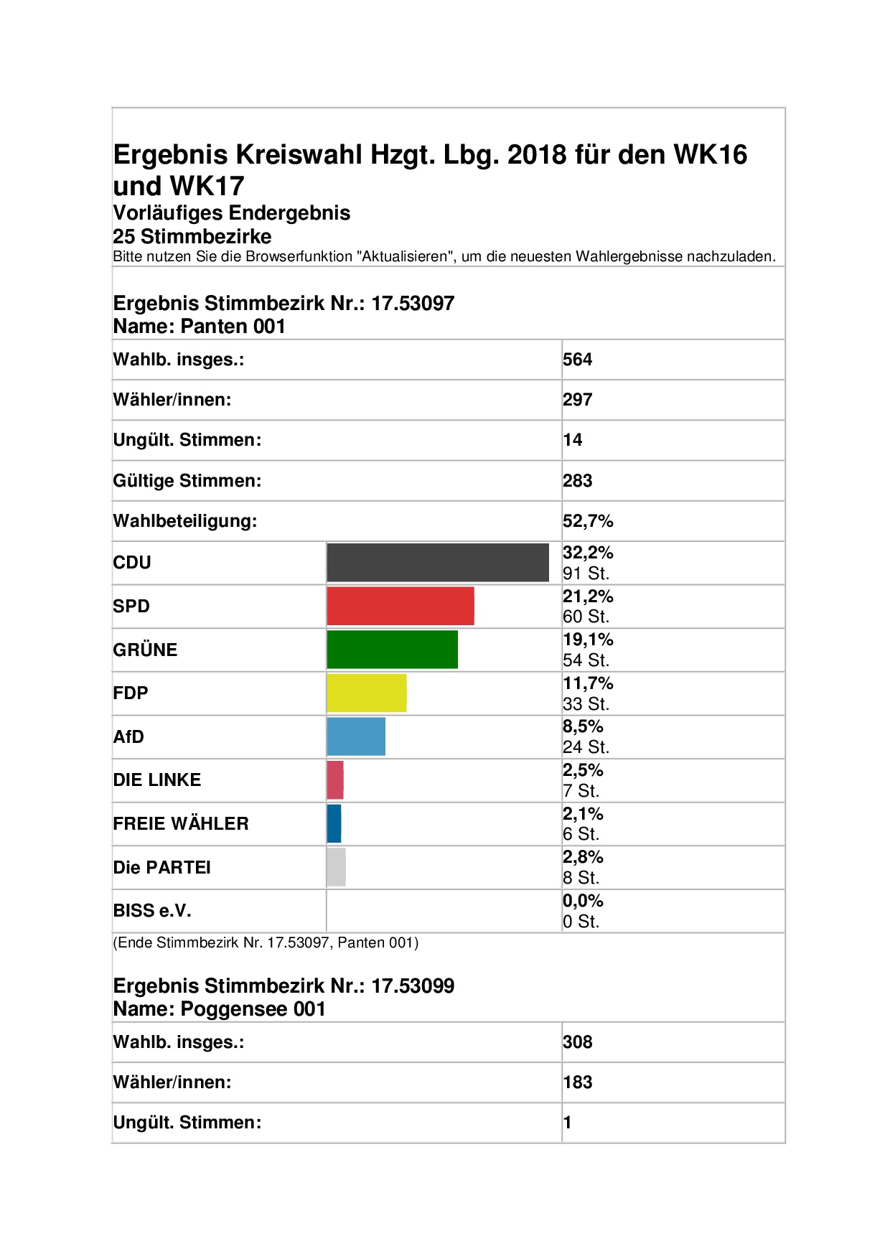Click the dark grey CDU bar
point(438,563)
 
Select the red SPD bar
point(400,606)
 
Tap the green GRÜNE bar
point(393,650)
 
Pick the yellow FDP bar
point(367,693)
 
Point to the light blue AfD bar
point(356,736)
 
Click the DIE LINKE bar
point(335,780)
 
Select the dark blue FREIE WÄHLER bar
point(334,823)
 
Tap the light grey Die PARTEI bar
point(336,867)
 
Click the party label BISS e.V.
point(152,911)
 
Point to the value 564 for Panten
point(578,360)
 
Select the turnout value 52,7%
point(588,521)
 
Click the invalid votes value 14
point(573,440)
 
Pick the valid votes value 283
point(578,481)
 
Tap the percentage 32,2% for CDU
point(588,553)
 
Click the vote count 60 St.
point(586,617)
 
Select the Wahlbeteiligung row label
point(185,521)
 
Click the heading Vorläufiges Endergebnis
point(232,213)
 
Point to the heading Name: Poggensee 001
point(220,1009)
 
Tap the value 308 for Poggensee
point(578,1042)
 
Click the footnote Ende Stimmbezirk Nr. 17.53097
point(266,943)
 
